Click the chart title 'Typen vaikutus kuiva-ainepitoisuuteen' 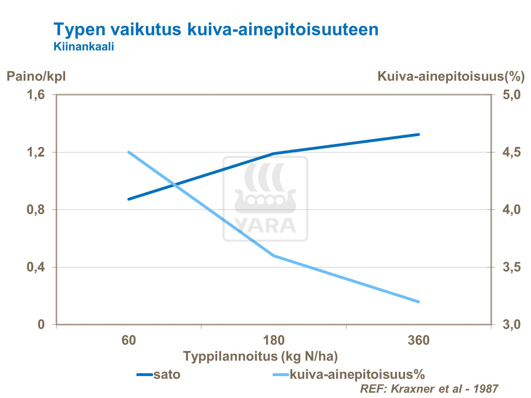pos(216,29)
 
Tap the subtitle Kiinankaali pos(83,46)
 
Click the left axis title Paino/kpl pos(36,76)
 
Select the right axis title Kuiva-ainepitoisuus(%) pos(451,76)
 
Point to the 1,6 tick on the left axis pos(36,95)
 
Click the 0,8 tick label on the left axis pos(36,209)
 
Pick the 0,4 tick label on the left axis pos(36,267)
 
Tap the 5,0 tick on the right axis pos(512,95)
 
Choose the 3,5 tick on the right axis pos(512,267)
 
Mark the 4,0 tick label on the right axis pos(512,209)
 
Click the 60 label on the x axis pos(129,340)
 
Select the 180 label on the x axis pos(274,340)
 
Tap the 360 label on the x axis pos(419,340)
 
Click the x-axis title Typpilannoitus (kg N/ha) pos(260,356)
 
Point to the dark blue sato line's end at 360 pos(419,134)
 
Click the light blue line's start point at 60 pos(129,152)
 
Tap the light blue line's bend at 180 pos(274,255)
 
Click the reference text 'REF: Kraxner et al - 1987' pos(429,389)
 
